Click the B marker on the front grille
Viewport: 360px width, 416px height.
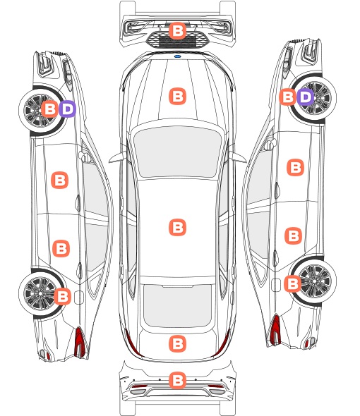point(177,31)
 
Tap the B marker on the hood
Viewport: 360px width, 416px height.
point(177,96)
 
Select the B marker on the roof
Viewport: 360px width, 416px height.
point(177,227)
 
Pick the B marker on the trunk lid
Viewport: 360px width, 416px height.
point(177,344)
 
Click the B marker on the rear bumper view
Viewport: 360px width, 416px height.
point(177,380)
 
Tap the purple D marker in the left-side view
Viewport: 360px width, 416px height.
point(68,109)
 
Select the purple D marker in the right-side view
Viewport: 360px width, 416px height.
point(305,97)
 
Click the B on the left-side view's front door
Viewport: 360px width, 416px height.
point(59,180)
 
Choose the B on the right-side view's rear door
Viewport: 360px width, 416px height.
point(294,235)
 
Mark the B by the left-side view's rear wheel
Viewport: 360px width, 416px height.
point(63,296)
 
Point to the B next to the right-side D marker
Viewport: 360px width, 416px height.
point(288,97)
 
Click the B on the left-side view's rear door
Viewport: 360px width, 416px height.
point(61,249)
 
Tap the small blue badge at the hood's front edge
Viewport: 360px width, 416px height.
point(177,56)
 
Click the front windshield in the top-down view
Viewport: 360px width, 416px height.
point(177,152)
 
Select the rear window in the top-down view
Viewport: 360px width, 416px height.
point(177,305)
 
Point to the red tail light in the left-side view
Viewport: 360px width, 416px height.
point(80,342)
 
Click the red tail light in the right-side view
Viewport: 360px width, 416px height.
point(275,330)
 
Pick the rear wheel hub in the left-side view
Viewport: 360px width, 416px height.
point(40,293)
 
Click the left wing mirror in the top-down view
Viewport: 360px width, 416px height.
point(118,157)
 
